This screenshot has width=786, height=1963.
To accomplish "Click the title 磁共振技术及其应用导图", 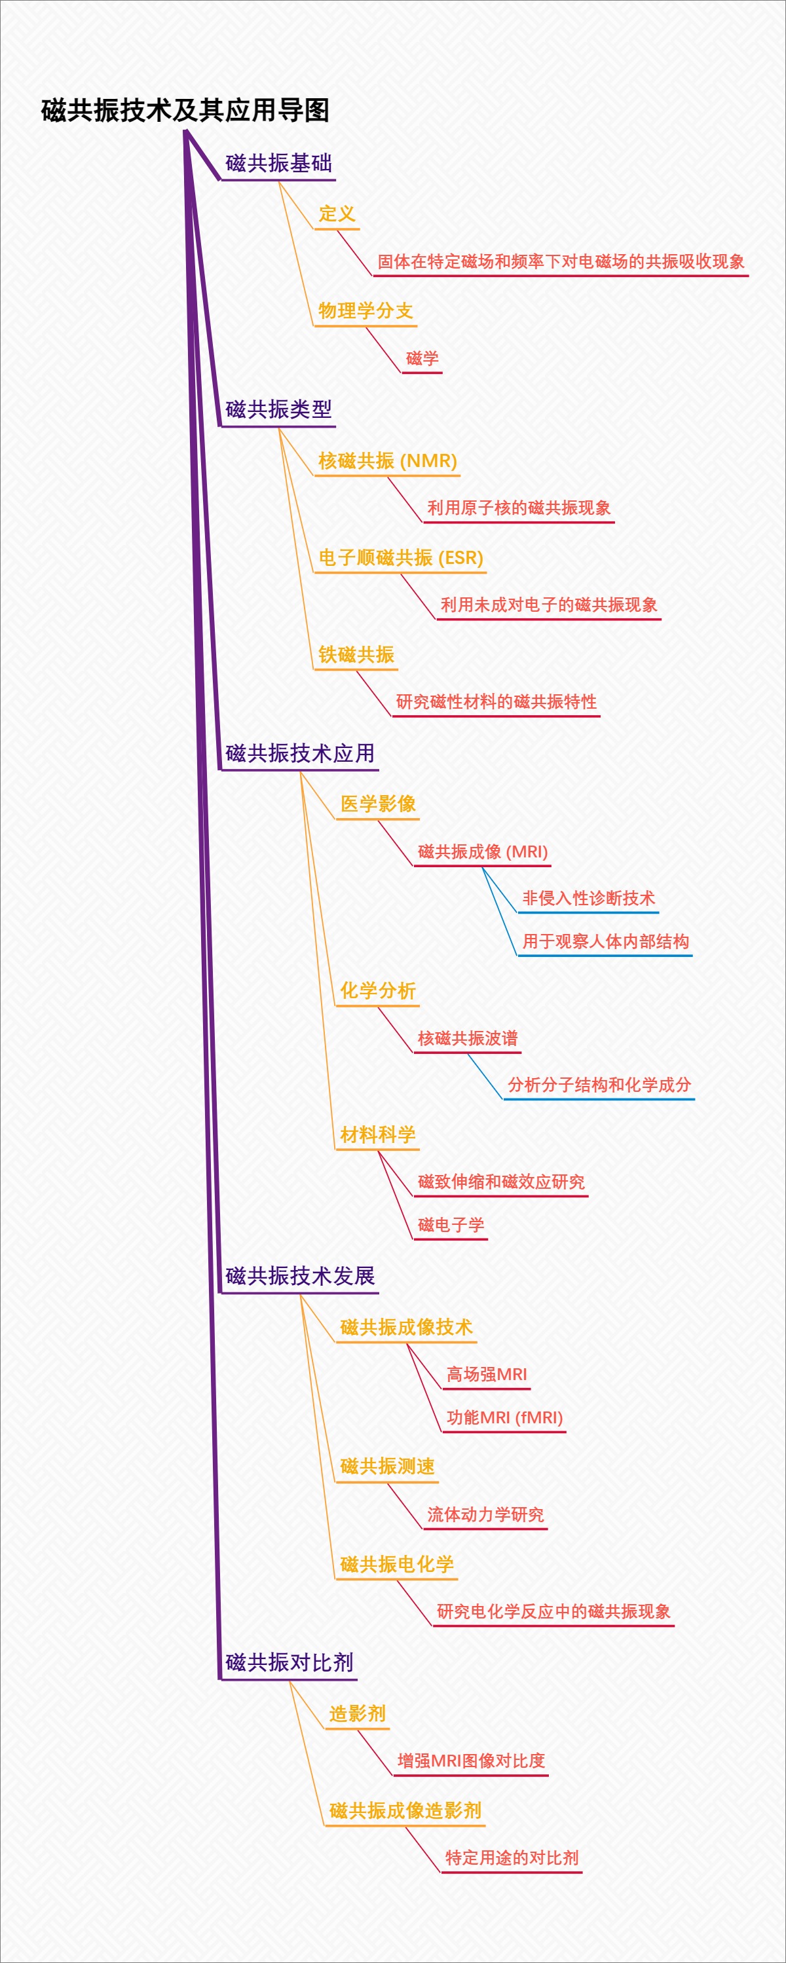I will pos(185,111).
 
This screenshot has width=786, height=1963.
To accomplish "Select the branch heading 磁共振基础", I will pos(278,163).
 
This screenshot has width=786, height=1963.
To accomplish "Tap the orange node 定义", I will pos(337,214).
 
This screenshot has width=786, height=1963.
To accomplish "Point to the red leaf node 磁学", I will pos(422,358).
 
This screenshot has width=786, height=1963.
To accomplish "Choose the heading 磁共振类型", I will pos(278,409).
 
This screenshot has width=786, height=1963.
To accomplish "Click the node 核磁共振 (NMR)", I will pos(387,460).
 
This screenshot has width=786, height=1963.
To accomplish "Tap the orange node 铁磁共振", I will pos(356,654).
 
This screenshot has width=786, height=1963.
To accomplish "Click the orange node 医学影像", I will pos(378,804).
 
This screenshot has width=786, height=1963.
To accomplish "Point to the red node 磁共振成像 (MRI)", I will pos(483,852).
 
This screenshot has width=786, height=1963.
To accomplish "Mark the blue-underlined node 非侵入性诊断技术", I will pos(589,899).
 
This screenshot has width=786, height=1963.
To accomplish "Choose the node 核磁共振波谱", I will pos(467,1038).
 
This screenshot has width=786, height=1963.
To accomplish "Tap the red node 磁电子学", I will pos(451,1225).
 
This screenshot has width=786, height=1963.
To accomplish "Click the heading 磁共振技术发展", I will pos(299,1276).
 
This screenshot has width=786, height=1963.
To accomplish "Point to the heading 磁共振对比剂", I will pos(289,1663).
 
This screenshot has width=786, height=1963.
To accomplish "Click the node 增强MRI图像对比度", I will pos(471,1761).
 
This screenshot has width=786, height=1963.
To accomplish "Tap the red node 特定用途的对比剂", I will pos(512,1858).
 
